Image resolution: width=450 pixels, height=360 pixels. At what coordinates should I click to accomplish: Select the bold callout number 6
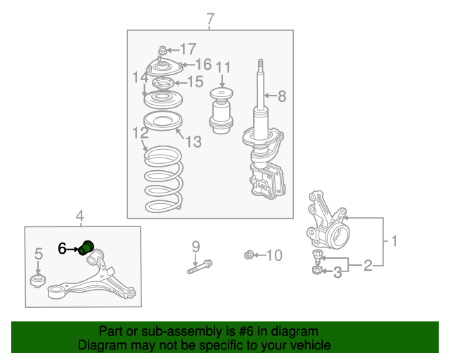click(x=62, y=249)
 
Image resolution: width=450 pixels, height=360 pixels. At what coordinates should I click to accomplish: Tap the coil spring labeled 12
click(x=164, y=179)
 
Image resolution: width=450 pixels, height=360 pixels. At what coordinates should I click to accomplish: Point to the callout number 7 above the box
click(x=210, y=19)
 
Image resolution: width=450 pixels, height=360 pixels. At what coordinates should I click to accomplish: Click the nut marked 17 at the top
click(x=162, y=50)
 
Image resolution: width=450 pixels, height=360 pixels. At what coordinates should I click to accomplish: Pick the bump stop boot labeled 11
click(x=221, y=110)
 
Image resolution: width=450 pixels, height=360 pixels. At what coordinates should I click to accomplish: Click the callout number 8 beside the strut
click(x=282, y=96)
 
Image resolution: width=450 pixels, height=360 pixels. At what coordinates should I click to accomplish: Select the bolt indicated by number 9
click(x=200, y=266)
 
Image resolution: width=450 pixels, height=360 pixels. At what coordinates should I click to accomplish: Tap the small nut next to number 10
click(x=249, y=255)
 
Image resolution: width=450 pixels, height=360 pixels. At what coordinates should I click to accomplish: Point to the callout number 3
click(x=337, y=272)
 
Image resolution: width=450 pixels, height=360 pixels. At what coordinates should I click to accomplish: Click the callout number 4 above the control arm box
click(x=79, y=216)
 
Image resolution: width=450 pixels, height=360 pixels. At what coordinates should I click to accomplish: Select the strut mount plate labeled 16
click(x=165, y=68)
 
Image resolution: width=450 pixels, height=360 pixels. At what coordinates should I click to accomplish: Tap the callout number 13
click(x=194, y=141)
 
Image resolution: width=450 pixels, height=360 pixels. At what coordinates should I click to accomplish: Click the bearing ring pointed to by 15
click(x=162, y=84)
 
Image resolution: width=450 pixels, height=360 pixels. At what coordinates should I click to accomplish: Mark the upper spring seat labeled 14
click(x=163, y=99)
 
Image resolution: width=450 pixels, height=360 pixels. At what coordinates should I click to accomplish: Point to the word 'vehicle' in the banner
click(x=312, y=345)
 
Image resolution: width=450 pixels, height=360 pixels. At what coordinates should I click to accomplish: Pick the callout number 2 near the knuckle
click(x=368, y=265)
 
